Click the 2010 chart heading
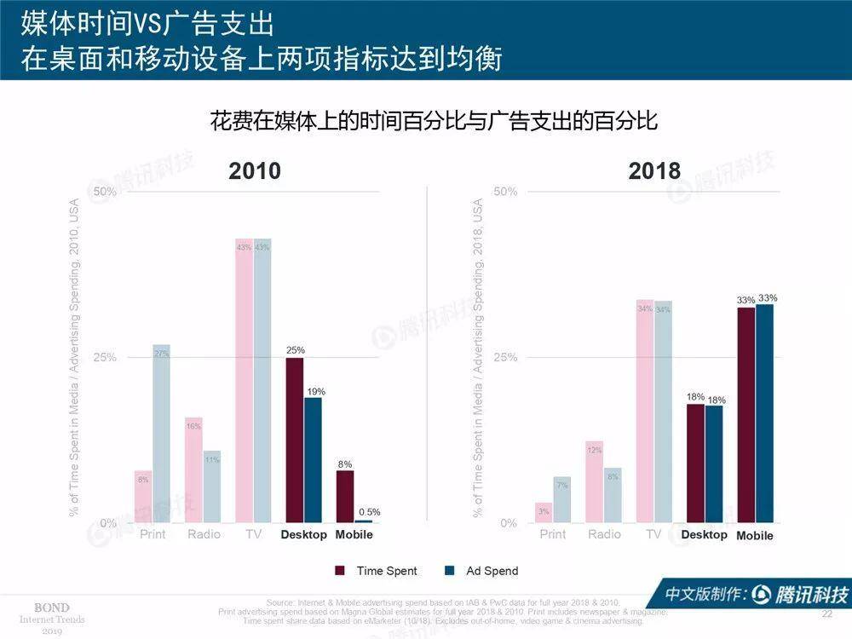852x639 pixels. pos(255,170)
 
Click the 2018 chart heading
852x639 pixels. pos(654,170)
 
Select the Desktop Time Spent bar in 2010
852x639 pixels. pos(295,440)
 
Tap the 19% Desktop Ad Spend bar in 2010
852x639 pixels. pos(314,460)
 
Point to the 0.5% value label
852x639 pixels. pos(370,512)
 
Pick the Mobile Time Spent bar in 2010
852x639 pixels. pos(345,496)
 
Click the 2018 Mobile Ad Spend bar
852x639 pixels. pos(764,413)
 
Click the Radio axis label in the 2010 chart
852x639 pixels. pos(203,534)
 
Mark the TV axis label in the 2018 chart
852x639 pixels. pos(653,534)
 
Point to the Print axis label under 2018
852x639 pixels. pos(552,534)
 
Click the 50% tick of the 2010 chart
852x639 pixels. pos(104,192)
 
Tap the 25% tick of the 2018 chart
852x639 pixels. pos(505,357)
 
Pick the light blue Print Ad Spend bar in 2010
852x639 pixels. pos(161,434)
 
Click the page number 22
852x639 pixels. pos(826,614)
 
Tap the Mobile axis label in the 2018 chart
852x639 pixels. pos(755,536)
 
